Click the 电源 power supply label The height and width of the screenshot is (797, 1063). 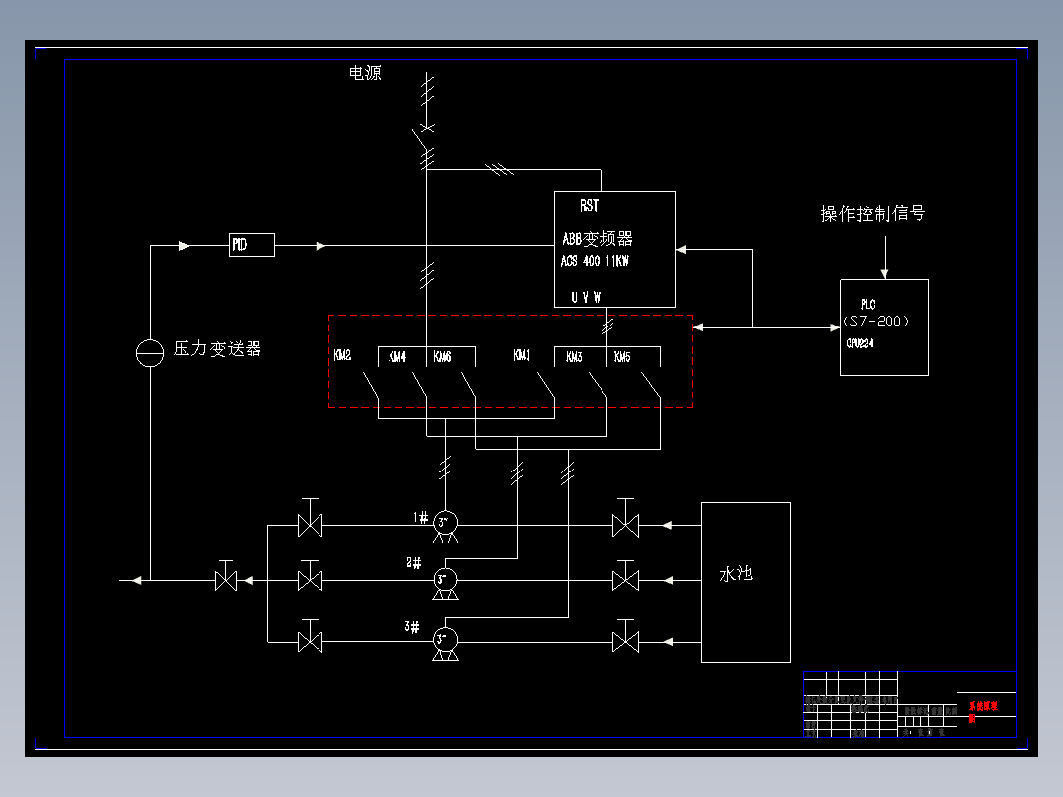pos(365,73)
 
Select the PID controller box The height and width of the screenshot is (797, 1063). pos(251,245)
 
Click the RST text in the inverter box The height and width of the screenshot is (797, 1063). pos(589,206)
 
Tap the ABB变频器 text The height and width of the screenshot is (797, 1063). pos(598,239)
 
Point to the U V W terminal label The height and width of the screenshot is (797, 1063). pos(586,297)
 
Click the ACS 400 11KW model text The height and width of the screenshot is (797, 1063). pos(595,262)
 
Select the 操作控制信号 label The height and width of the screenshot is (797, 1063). pos(873,214)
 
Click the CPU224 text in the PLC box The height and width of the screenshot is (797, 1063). pos(860,343)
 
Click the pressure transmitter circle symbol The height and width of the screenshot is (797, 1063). pos(149,352)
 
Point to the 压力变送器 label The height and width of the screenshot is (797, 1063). pos(217,349)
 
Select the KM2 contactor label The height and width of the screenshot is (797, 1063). pos(342,356)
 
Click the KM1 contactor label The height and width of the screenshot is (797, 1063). pos(522,356)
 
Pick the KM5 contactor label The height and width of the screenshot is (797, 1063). pos(622,357)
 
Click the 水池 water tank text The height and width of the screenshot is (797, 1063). pos(736,573)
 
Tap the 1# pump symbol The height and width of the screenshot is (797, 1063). pos(444,524)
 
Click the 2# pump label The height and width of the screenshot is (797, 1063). pos(413,563)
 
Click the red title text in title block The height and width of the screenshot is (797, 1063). pos(983,711)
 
